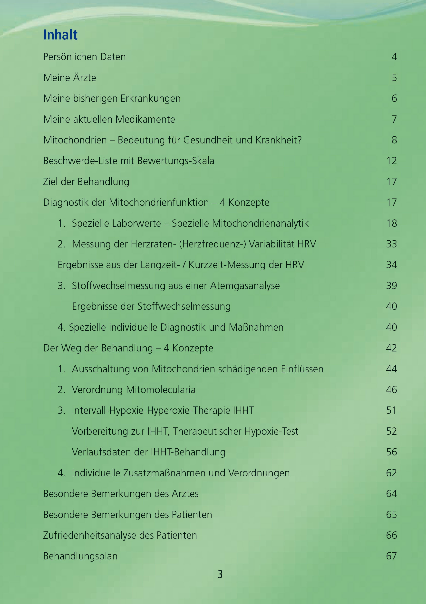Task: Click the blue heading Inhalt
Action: (60, 35)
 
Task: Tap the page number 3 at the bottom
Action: (220, 574)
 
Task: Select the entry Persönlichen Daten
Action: (85, 57)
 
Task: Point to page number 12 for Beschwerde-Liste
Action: (391, 161)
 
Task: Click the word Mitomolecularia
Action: (161, 390)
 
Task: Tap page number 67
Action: (391, 556)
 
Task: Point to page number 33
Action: (391, 244)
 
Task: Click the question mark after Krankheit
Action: (299, 140)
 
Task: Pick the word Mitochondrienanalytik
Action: (260, 223)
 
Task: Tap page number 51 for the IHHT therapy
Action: (391, 410)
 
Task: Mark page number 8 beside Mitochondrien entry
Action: (394, 140)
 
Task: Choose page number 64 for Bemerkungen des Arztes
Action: (391, 493)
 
